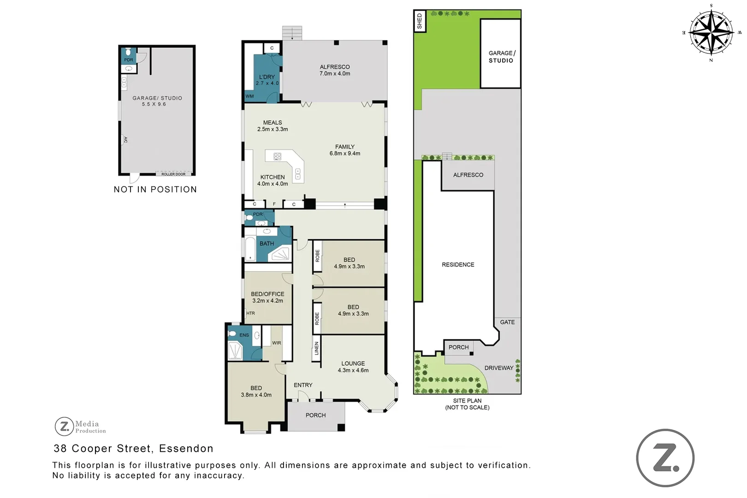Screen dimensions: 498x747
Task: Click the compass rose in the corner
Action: click(x=711, y=33)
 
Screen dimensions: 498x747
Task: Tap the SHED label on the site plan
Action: click(x=419, y=21)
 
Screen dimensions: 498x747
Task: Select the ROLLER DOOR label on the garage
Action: click(x=173, y=174)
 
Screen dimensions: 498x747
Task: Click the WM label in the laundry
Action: click(x=249, y=96)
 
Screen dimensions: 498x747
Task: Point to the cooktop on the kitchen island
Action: click(x=277, y=156)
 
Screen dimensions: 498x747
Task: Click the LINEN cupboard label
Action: click(x=316, y=348)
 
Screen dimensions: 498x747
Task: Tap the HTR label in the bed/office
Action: click(x=250, y=313)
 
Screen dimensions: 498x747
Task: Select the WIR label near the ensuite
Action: click(x=276, y=343)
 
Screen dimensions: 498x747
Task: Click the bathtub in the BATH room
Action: click(x=250, y=249)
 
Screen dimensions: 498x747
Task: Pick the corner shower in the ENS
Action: click(x=235, y=350)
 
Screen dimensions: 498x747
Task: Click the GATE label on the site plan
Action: click(x=507, y=322)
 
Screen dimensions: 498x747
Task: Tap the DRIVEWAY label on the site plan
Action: click(x=498, y=368)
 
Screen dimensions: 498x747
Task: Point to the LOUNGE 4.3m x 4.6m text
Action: click(x=353, y=367)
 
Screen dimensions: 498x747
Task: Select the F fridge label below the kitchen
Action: click(x=274, y=204)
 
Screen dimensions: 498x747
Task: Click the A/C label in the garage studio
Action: click(x=125, y=139)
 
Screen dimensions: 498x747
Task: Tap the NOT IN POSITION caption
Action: click(x=155, y=189)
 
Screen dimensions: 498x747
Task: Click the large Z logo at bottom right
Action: click(x=665, y=458)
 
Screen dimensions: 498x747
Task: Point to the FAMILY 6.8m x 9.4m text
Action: click(x=344, y=150)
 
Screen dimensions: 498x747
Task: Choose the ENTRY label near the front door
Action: click(x=303, y=385)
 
